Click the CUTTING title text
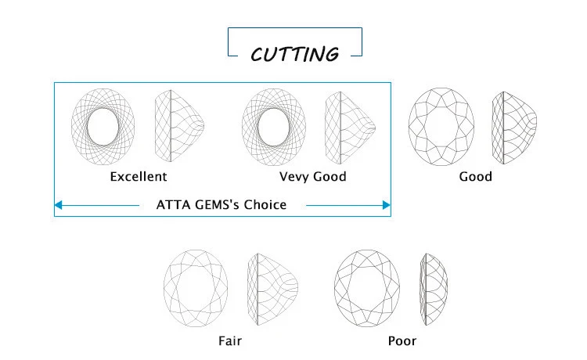(294, 54)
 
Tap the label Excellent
(139, 176)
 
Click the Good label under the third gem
(475, 176)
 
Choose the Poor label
(402, 340)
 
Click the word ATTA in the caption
(174, 205)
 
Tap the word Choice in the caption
(265, 205)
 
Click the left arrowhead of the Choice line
(59, 205)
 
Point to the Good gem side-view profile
(513, 126)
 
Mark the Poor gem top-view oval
(367, 288)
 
